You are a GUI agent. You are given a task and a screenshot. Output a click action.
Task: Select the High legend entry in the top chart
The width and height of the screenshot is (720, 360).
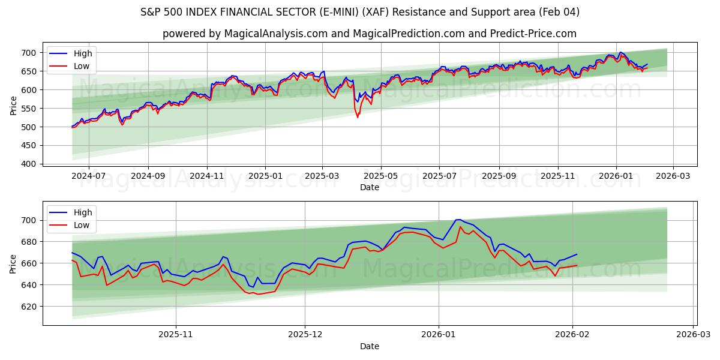[82, 54]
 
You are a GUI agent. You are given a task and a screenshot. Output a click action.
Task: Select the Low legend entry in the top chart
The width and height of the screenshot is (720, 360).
[81, 66]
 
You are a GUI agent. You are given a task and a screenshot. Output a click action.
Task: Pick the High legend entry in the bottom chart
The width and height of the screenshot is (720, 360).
[82, 212]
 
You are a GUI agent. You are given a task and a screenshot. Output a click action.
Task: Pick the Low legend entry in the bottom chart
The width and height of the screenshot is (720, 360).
[81, 225]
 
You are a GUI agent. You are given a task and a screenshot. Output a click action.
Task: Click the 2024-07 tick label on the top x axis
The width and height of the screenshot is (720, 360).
[88, 176]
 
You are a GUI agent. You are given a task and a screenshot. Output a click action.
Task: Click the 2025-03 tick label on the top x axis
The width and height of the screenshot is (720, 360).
[322, 176]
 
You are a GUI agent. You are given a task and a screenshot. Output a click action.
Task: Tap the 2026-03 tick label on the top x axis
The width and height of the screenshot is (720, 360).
[673, 176]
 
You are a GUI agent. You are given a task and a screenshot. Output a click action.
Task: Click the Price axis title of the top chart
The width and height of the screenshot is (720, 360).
[13, 105]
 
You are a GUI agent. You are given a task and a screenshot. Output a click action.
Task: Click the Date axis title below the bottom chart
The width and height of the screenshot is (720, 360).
[369, 346]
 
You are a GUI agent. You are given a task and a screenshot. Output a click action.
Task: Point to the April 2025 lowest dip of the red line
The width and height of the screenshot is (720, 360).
[358, 117]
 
